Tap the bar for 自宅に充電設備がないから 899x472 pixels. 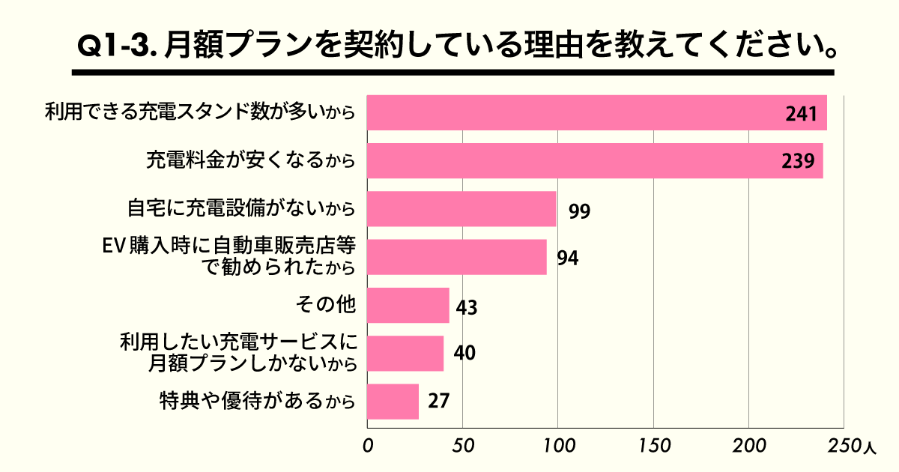[461, 209]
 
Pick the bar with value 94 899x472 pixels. [457, 257]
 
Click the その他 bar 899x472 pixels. [408, 305]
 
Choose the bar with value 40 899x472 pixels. [405, 353]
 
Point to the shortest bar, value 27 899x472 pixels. [393, 401]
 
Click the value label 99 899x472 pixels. [579, 211]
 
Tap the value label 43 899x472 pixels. [467, 307]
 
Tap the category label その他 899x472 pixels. [324, 304]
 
